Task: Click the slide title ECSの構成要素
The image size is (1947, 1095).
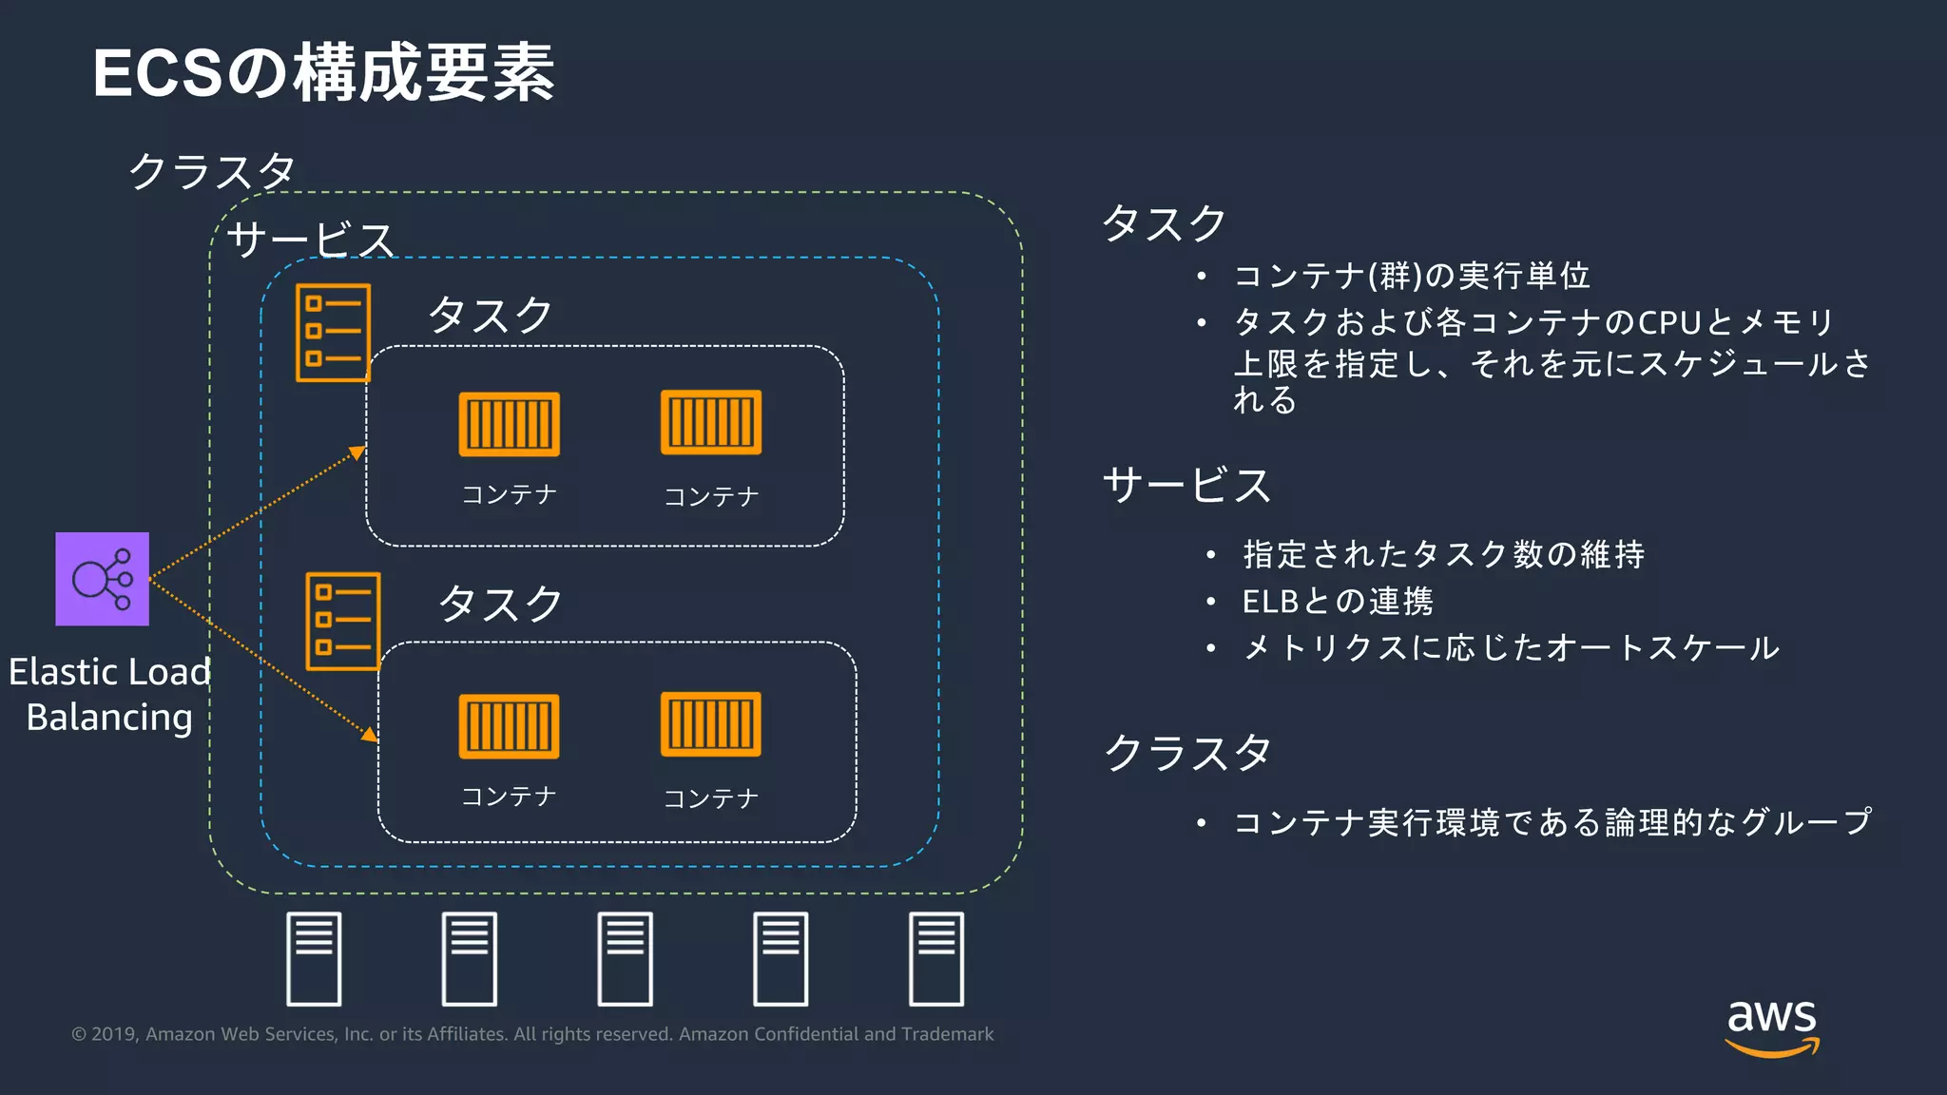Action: click(323, 73)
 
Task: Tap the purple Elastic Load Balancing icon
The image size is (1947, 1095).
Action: click(103, 579)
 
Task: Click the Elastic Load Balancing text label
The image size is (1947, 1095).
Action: click(109, 694)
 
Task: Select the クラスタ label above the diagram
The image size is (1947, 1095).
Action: click(212, 171)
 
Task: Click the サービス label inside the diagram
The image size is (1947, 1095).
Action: click(310, 240)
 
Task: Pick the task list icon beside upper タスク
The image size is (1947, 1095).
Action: click(333, 333)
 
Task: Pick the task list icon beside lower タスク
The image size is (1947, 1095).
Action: click(342, 621)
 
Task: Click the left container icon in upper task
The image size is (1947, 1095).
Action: click(509, 424)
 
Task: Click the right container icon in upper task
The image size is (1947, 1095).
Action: click(711, 422)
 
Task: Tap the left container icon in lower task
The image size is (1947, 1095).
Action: click(509, 726)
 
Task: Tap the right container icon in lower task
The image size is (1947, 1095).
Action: click(711, 724)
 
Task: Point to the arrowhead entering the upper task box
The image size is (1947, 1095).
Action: click(357, 452)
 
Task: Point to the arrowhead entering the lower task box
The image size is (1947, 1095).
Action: click(370, 734)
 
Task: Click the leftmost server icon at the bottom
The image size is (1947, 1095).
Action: click(314, 958)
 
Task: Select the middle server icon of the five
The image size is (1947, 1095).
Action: click(625, 958)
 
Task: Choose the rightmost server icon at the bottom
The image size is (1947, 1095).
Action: click(936, 958)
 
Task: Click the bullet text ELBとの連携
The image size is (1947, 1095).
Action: click(1337, 601)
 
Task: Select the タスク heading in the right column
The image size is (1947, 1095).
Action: click(1164, 223)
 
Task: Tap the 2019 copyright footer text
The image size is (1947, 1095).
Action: click(532, 1034)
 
